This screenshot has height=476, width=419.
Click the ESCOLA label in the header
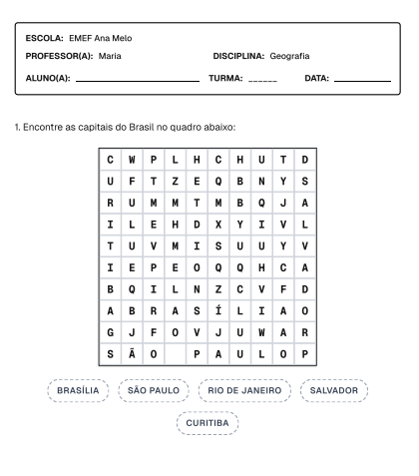[46, 38]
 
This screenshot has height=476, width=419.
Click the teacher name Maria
[110, 56]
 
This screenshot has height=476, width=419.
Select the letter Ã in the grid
[129, 353]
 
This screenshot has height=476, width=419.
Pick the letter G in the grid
[107, 331]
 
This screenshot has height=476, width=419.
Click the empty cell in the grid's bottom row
[173, 353]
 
